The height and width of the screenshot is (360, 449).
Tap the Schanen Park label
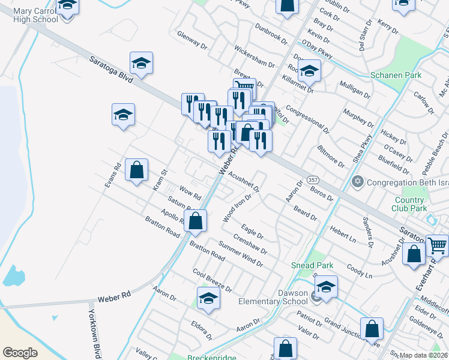pos(396,76)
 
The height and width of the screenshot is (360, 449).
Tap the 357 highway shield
pos(313,180)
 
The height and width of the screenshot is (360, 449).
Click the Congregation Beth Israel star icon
pos(358,181)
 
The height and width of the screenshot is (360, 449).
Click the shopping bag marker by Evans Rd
pos(137,170)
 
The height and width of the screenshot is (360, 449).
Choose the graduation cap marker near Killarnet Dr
pos(309,71)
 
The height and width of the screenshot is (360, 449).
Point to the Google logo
pos(20,352)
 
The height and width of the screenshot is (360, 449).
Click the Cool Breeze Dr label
pos(212,280)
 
